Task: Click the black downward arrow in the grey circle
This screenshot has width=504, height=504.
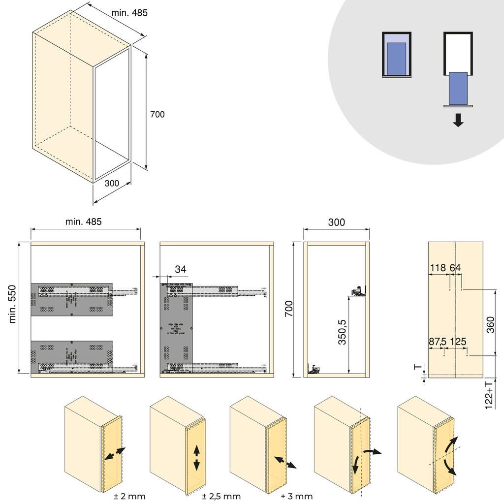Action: [458, 120]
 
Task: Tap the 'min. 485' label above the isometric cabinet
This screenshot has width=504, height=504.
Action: [129, 13]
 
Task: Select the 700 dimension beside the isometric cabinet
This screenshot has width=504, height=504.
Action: [157, 114]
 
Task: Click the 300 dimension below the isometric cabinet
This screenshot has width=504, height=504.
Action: [112, 183]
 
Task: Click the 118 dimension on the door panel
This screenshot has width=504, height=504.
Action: [438, 268]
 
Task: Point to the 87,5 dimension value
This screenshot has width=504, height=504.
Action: [438, 341]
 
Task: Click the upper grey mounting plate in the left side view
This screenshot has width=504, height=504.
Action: [72, 299]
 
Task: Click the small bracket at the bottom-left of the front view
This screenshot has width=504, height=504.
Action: [314, 370]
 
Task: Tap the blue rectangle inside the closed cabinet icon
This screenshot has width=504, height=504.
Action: [396, 59]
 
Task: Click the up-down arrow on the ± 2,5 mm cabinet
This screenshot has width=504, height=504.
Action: [196, 458]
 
